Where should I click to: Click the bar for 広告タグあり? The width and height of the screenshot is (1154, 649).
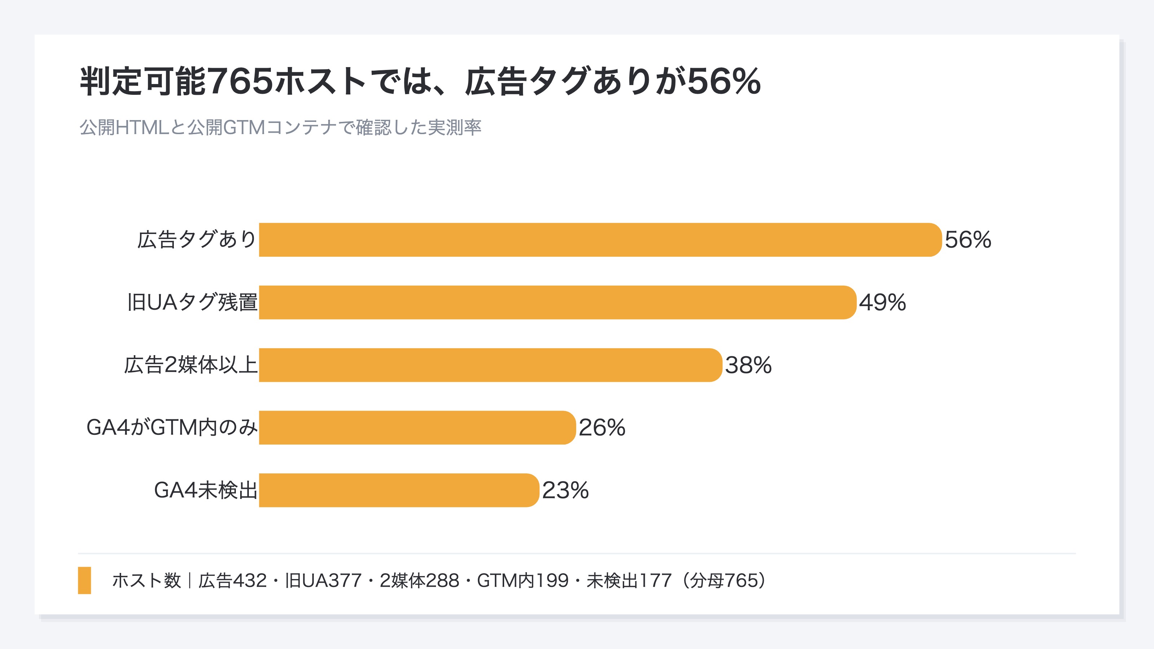[x=600, y=240]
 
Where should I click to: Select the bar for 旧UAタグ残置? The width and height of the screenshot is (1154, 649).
[x=558, y=303]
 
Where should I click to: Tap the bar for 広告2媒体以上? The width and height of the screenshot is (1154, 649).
[x=490, y=365]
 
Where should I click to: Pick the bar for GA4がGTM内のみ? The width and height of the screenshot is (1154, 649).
[x=418, y=428]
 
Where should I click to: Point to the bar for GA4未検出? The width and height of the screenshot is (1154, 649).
[x=399, y=490]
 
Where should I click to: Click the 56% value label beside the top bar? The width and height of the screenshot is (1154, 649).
[x=968, y=240]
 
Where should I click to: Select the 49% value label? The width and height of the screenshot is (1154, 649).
[x=882, y=303]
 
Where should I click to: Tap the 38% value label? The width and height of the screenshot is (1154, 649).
[x=749, y=365]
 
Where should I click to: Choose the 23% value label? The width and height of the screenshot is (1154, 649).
[x=565, y=490]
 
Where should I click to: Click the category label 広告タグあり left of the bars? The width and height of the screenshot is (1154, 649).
[x=197, y=240]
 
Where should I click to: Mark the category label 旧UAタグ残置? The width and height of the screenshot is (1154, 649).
[x=192, y=303]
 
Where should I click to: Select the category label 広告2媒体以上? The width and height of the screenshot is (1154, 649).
[x=191, y=365]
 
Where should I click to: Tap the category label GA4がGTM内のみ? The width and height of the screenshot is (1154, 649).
[x=172, y=428]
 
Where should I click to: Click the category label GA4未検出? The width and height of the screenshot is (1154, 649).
[x=206, y=490]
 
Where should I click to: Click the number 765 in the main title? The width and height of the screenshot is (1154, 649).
[x=241, y=81]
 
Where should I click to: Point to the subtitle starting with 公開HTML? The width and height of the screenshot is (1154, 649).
[x=281, y=128]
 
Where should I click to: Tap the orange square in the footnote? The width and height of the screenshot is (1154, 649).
[x=85, y=580]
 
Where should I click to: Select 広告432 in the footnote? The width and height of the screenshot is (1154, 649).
[x=233, y=581]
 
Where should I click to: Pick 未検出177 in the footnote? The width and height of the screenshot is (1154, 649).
[x=629, y=581]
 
